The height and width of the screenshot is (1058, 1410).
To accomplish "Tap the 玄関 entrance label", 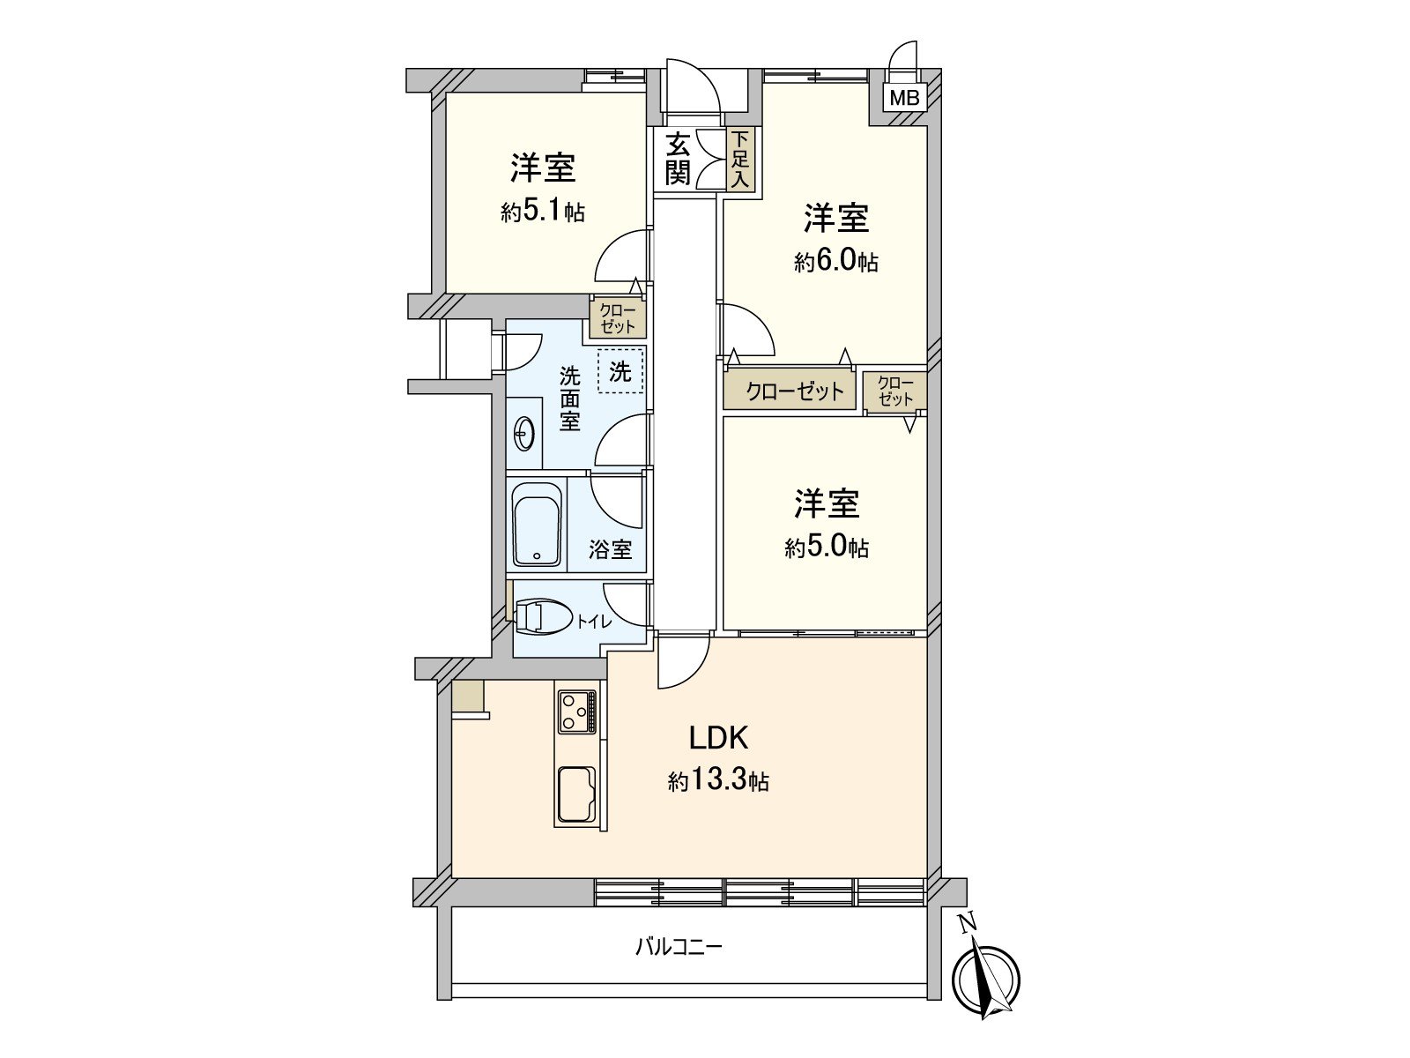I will tap(678, 158).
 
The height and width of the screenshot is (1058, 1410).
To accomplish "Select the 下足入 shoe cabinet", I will tap(740, 159).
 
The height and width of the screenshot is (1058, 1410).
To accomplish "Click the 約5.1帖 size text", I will tap(543, 212).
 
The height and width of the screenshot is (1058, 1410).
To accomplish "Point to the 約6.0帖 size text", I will tap(835, 262).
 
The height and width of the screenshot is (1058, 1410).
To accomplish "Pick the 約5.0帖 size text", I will tap(827, 548).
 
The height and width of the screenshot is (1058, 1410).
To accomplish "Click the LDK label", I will tap(718, 737).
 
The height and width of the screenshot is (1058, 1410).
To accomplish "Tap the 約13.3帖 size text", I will tap(718, 780).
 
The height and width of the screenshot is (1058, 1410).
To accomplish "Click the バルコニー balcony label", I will tap(679, 948).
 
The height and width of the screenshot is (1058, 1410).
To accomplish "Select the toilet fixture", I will tap(541, 617).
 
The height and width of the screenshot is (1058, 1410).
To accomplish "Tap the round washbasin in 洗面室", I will tap(523, 433).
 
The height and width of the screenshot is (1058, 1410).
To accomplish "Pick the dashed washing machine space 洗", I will tap(620, 371).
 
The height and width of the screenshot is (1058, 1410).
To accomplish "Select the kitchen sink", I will tap(576, 793).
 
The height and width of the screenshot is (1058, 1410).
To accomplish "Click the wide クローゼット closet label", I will tap(795, 391).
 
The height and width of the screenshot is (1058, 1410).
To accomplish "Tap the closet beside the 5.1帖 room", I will tap(618, 318).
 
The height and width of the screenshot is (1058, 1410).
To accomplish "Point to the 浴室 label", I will tap(611, 549).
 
